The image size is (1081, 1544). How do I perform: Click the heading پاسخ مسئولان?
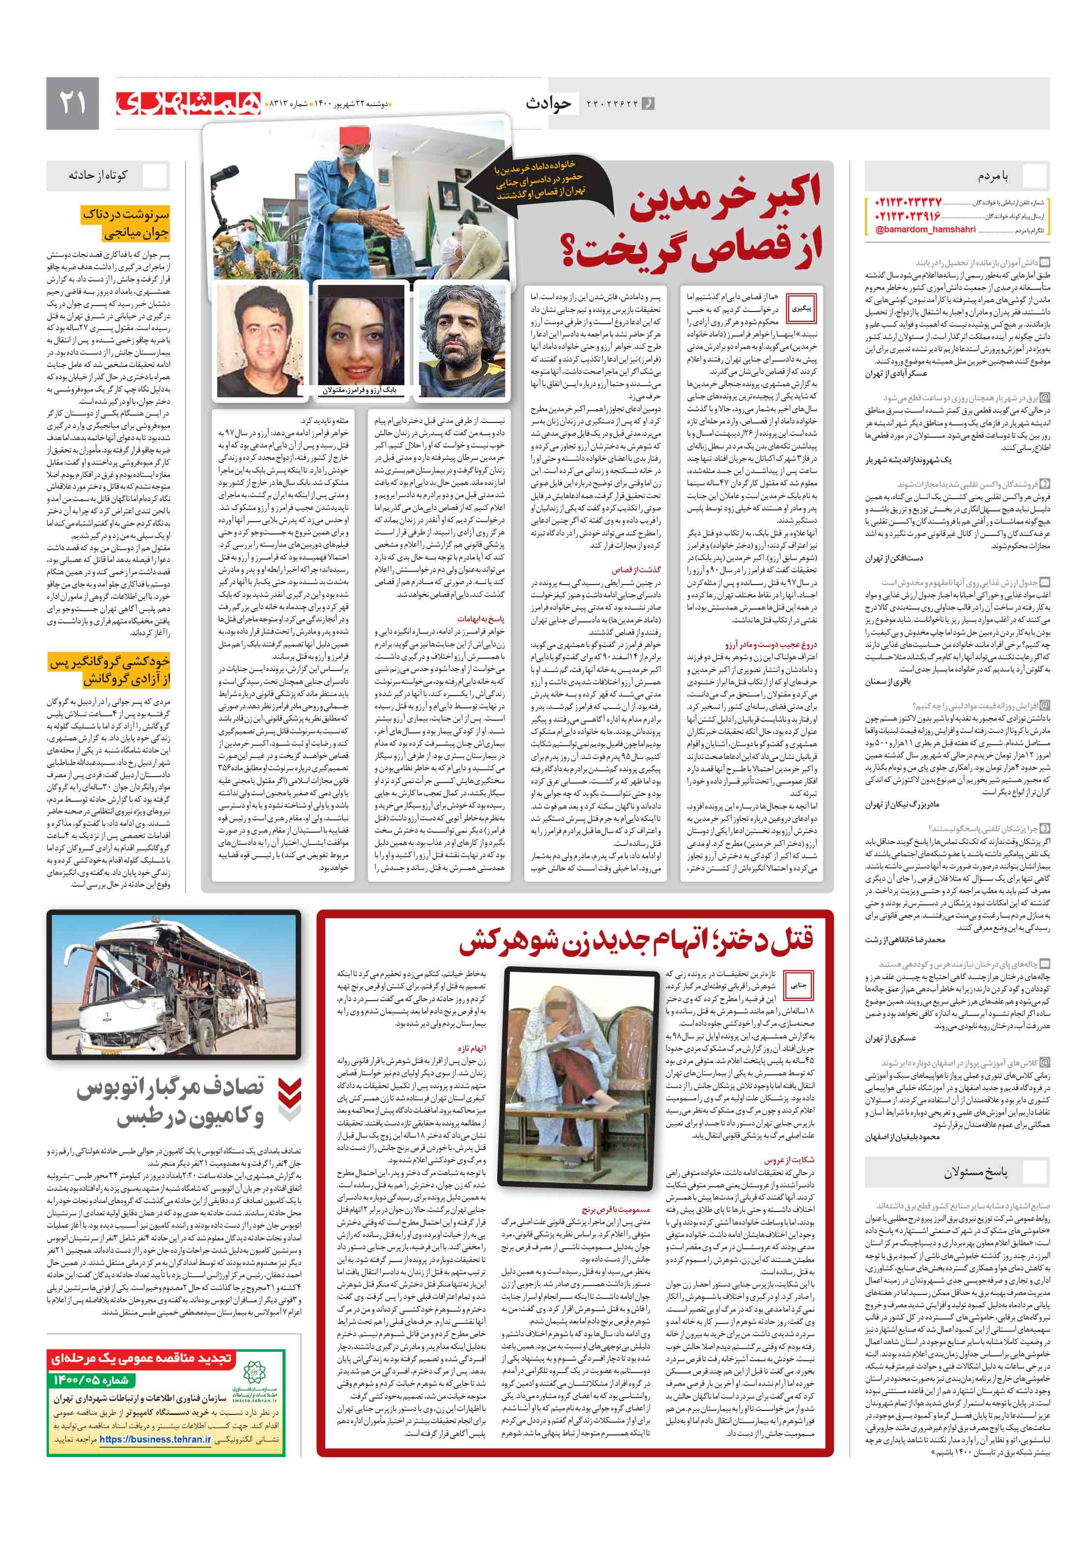[975, 1172]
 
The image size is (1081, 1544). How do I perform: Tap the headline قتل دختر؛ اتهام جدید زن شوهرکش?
[636, 940]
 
